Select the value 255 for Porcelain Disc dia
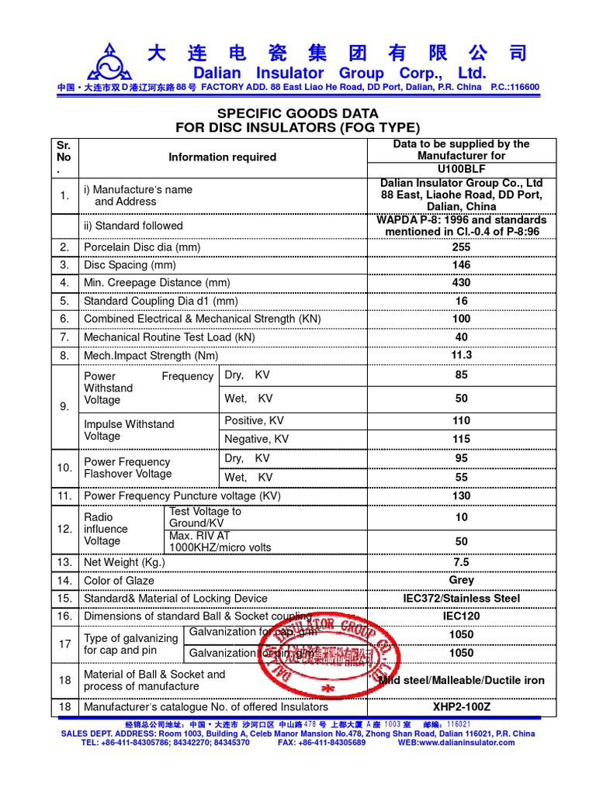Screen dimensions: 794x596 point(461,247)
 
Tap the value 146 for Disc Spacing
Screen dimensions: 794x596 point(461,264)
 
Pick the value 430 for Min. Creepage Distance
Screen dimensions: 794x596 point(461,282)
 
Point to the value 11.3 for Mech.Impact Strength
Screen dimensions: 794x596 point(461,355)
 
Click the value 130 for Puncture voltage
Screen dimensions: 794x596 point(461,495)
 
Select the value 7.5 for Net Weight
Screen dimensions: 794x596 point(461,562)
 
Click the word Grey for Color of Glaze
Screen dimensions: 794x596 point(461,580)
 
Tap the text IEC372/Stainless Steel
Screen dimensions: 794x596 point(461,599)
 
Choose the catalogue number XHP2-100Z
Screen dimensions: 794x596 point(461,706)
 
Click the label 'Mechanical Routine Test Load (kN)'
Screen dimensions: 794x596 point(169,337)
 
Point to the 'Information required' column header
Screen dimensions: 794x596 point(222,157)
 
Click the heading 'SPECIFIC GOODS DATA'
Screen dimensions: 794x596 point(298,113)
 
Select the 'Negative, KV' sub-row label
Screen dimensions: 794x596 point(256,439)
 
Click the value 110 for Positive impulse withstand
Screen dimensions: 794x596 point(461,420)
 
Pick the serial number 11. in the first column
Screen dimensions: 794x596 point(64,495)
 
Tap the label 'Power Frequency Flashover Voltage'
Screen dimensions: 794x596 point(127,468)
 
